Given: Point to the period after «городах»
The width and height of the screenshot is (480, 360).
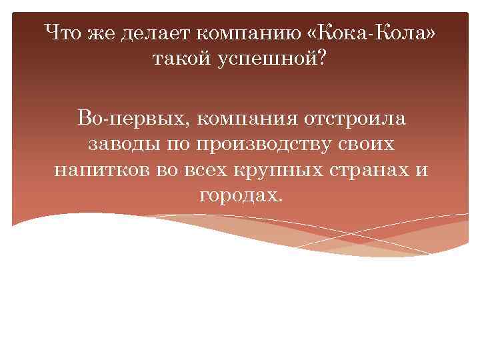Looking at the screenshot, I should [x=280, y=201].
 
